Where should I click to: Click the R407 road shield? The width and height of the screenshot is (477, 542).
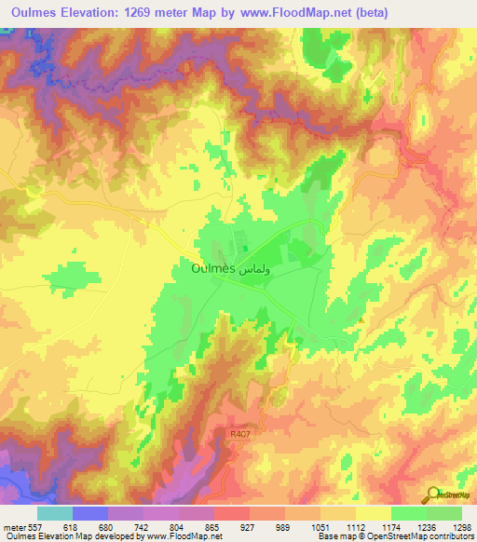pos(241,433)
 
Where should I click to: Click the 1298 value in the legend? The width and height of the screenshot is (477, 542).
pos(461,526)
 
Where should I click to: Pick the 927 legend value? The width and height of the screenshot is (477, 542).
pos(250,526)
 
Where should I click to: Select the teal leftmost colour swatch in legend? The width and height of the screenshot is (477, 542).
pos(55,513)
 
